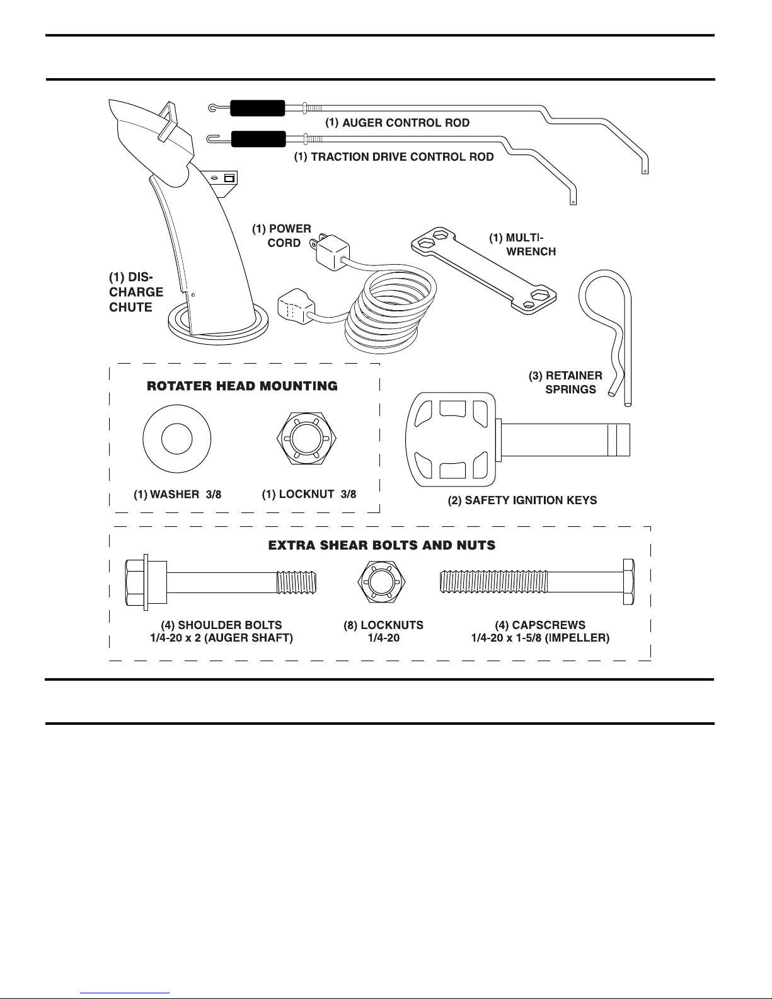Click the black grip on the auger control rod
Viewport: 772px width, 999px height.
pyautogui.click(x=257, y=108)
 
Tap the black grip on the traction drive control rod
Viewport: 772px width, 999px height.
pyautogui.click(x=258, y=139)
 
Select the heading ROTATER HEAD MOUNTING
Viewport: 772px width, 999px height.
pyautogui.click(x=242, y=386)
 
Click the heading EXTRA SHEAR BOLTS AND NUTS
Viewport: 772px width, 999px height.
pyautogui.click(x=382, y=545)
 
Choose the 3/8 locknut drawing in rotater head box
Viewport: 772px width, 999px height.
pyautogui.click(x=306, y=438)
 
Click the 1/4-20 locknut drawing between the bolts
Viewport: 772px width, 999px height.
pyautogui.click(x=381, y=582)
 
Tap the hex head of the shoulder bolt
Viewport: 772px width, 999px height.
pyautogui.click(x=137, y=582)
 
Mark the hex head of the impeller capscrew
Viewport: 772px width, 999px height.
pyautogui.click(x=629, y=582)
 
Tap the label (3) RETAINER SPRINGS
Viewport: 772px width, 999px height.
pyautogui.click(x=566, y=383)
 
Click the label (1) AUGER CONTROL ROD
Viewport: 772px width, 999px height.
pyautogui.click(x=398, y=123)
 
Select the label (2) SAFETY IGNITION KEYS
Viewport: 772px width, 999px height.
pyautogui.click(x=522, y=500)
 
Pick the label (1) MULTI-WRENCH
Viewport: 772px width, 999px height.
pyautogui.click(x=522, y=245)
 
